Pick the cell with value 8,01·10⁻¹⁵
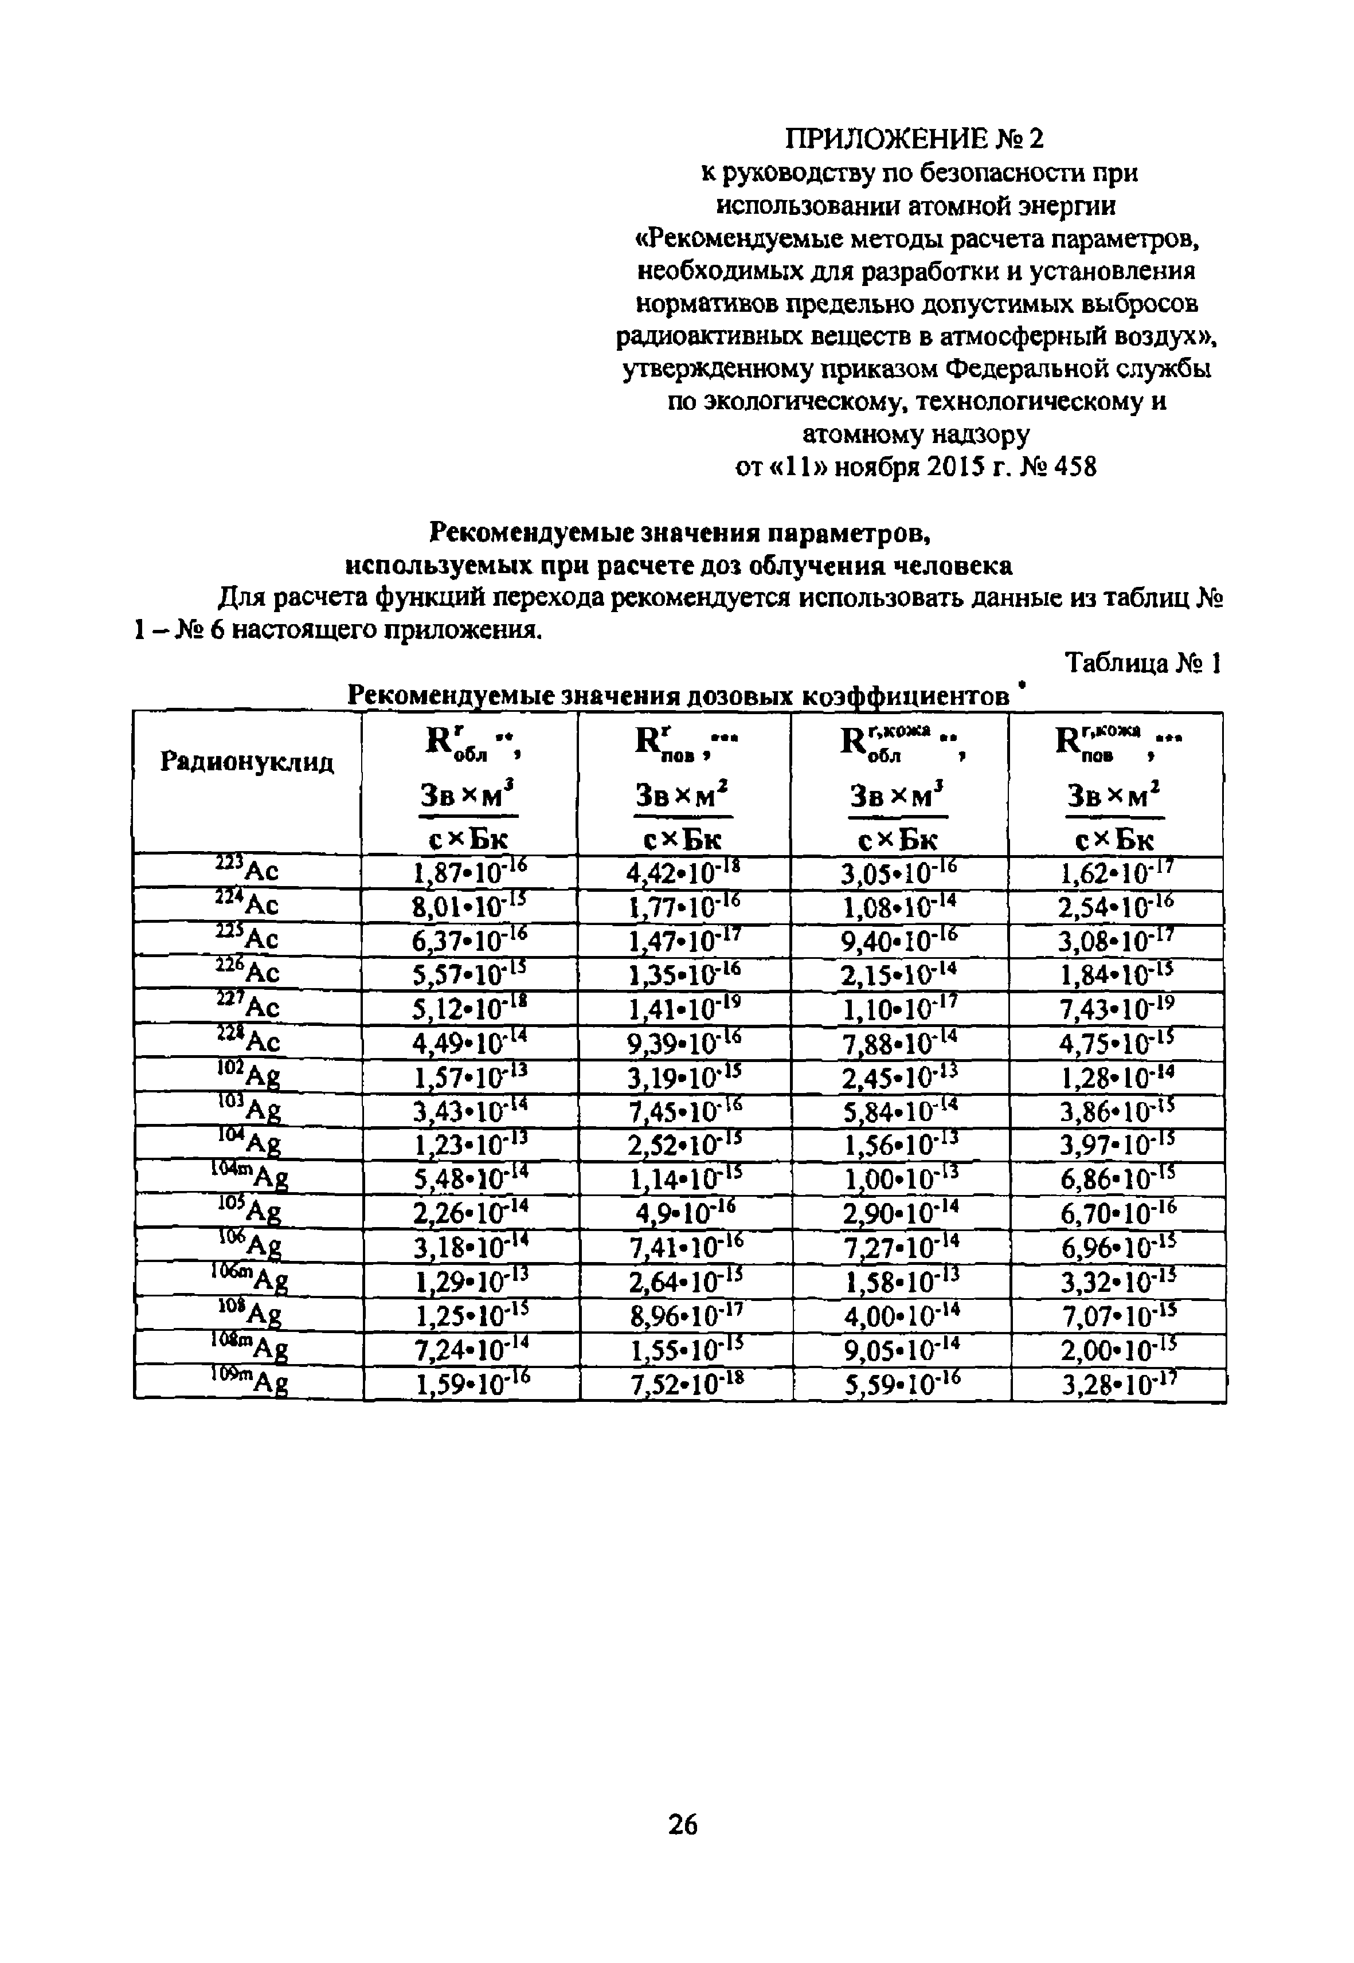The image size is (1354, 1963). point(468,905)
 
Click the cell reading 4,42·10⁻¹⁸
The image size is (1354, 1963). point(684,871)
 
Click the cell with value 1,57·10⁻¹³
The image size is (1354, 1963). point(468,1076)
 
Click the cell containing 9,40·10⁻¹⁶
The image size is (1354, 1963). point(901,939)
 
